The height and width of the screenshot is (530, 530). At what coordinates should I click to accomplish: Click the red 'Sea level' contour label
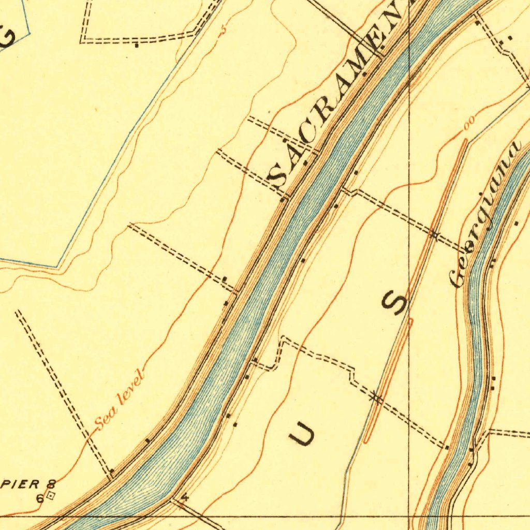(118, 401)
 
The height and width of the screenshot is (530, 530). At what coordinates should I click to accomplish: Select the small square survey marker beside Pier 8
(50, 496)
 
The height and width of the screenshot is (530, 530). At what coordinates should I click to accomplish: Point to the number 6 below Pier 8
(39, 498)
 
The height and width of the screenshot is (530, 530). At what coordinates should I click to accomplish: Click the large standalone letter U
(301, 433)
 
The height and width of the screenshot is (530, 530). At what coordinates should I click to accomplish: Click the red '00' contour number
(469, 123)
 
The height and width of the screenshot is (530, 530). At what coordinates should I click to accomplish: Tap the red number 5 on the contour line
(224, 30)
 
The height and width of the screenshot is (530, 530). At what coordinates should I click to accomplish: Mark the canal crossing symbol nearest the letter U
(376, 397)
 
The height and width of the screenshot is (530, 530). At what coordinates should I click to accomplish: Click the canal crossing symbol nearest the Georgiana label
(434, 235)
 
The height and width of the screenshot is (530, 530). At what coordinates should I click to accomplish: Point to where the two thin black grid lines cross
(409, 516)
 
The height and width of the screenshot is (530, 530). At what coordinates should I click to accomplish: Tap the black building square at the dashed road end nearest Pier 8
(111, 471)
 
